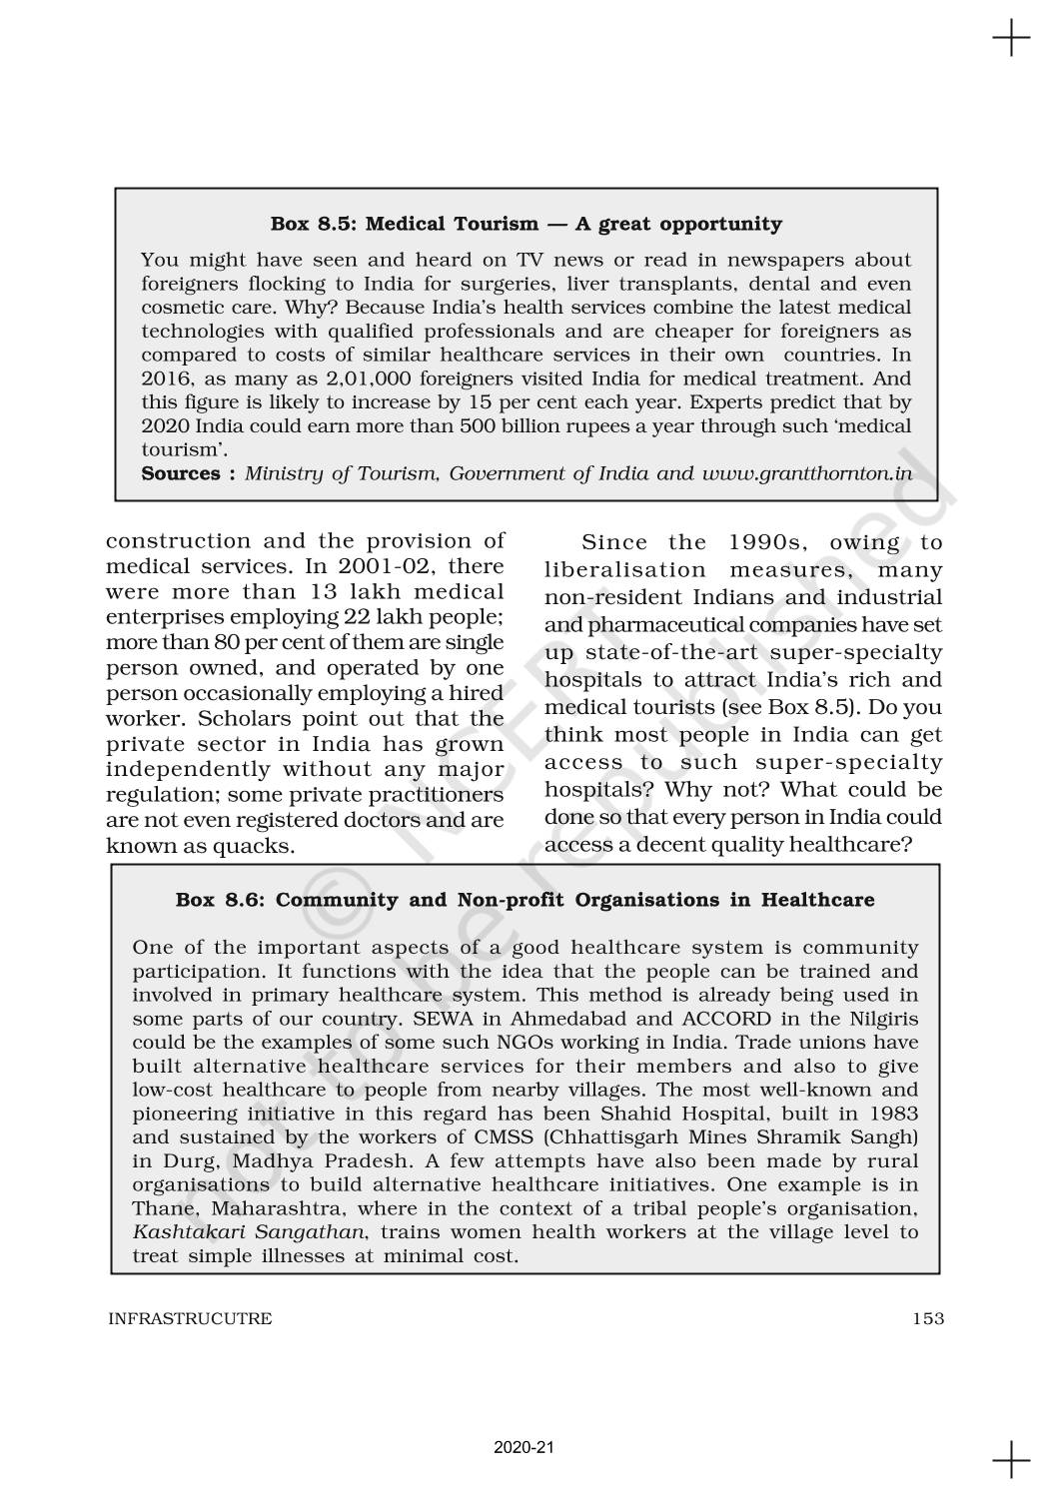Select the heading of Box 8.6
524,900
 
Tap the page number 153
927,1318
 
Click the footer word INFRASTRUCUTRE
189,1318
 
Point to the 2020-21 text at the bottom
524,1447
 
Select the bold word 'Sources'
181,473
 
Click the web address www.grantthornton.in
806,473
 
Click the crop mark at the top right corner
1011,39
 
